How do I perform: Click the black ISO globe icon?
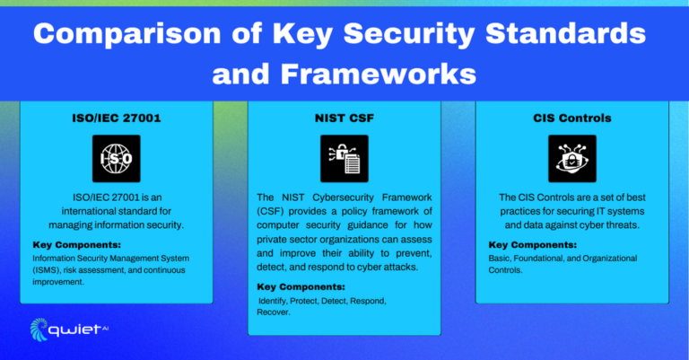pyautogui.click(x=116, y=159)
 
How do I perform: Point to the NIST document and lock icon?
pyautogui.click(x=344, y=159)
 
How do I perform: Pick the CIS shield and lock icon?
pyautogui.click(x=571, y=159)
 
